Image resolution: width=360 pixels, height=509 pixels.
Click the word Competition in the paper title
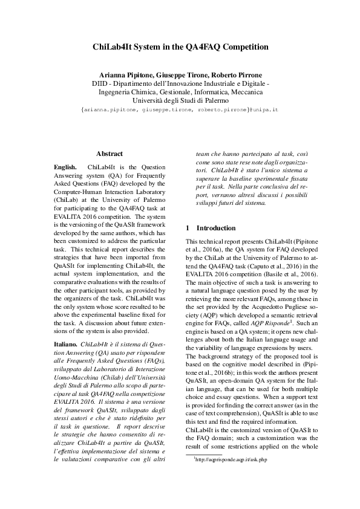(x=241, y=46)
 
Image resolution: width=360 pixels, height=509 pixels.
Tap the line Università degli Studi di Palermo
(x=180, y=101)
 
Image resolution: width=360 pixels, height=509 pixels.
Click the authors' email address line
(x=180, y=111)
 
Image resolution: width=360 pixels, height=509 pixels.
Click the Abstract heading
(x=110, y=154)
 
